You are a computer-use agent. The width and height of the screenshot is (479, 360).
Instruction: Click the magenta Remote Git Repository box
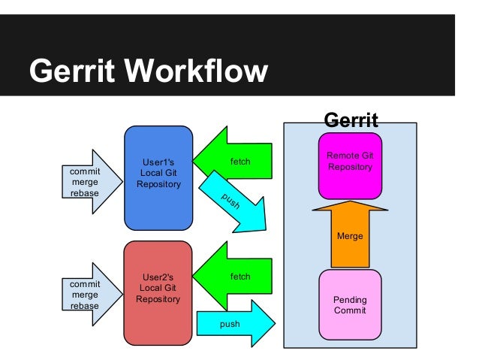coord(350,166)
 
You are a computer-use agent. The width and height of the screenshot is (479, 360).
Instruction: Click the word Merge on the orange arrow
coord(350,236)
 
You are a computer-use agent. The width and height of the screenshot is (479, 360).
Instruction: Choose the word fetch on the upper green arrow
coord(239,162)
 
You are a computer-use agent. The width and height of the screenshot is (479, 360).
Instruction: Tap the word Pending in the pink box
coord(349,300)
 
